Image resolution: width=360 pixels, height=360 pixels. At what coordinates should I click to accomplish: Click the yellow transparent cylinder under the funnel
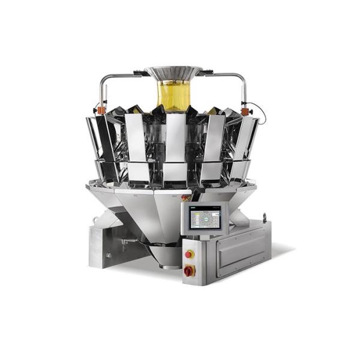[173, 95]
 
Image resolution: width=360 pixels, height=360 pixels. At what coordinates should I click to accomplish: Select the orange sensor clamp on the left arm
[101, 110]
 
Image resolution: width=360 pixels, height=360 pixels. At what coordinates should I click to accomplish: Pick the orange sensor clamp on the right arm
[245, 110]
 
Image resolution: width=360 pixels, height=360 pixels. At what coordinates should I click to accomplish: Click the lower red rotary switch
[189, 271]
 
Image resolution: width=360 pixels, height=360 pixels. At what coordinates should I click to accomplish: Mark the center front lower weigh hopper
[176, 173]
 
